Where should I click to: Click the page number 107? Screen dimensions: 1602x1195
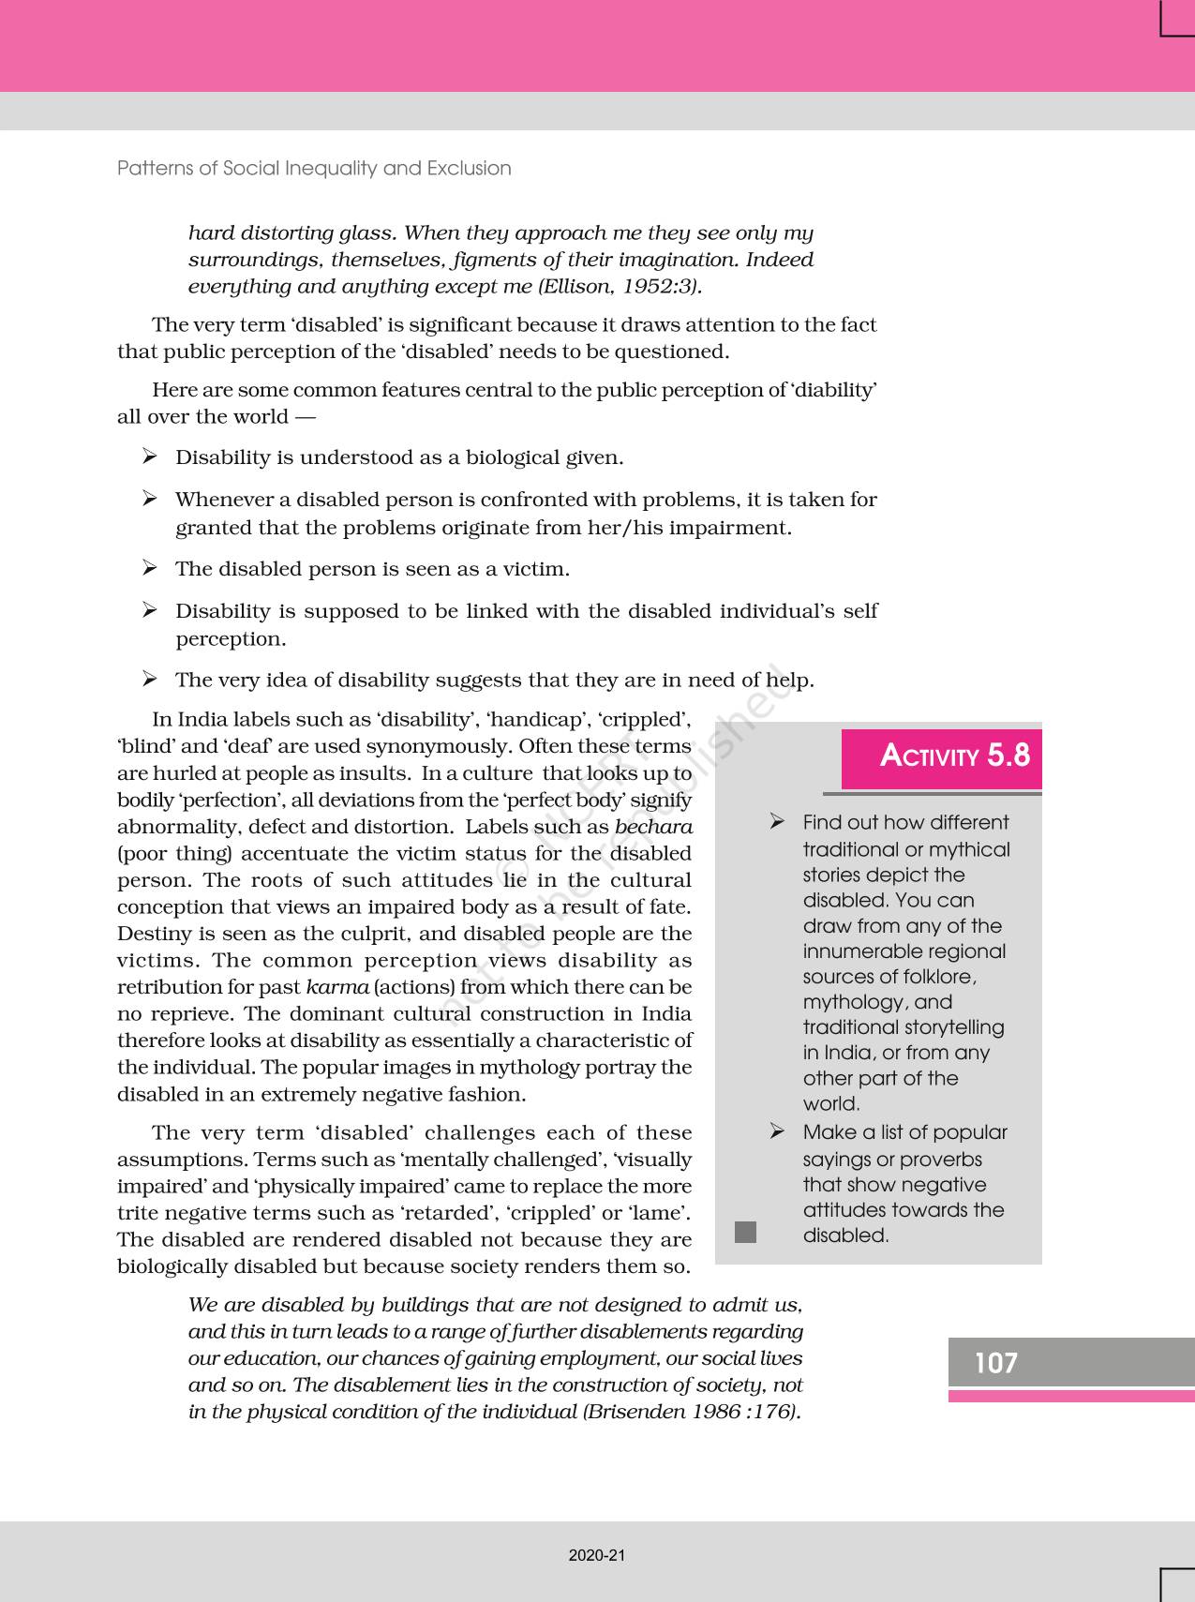pyautogui.click(x=995, y=1362)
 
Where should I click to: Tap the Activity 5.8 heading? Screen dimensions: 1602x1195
pyautogui.click(x=954, y=756)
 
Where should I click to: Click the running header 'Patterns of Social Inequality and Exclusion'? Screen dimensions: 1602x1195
pyautogui.click(x=314, y=168)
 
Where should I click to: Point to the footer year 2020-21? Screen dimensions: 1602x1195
pyautogui.click(x=596, y=1555)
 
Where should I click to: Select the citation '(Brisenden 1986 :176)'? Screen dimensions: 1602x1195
pyautogui.click(x=693, y=1412)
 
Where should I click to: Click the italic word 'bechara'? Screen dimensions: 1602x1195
pyautogui.click(x=653, y=827)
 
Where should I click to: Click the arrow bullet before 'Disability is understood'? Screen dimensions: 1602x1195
pyautogui.click(x=150, y=457)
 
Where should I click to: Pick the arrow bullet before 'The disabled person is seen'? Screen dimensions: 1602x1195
pyautogui.click(x=150, y=568)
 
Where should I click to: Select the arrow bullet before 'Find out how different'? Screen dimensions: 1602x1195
pyautogui.click(x=777, y=822)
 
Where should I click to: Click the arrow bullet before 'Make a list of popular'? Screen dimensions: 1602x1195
pyautogui.click(x=777, y=1131)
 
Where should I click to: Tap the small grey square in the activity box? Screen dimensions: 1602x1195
pyautogui.click(x=745, y=1232)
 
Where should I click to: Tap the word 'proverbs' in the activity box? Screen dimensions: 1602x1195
pyautogui.click(x=943, y=1160)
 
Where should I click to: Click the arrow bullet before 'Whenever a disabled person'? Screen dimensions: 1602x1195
pyautogui.click(x=150, y=499)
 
